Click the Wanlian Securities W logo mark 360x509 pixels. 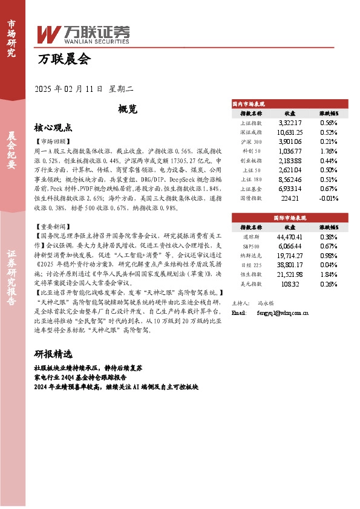[x=48, y=33]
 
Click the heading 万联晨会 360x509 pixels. [x=63, y=59]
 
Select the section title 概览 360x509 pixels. [x=128, y=109]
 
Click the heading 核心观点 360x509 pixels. [x=53, y=128]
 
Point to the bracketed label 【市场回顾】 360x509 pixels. [x=53, y=140]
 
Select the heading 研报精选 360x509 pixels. [x=53, y=354]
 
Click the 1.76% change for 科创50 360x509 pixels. [x=329, y=151]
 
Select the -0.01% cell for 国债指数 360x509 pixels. [x=327, y=198]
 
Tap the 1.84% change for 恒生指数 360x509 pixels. [x=329, y=274]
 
